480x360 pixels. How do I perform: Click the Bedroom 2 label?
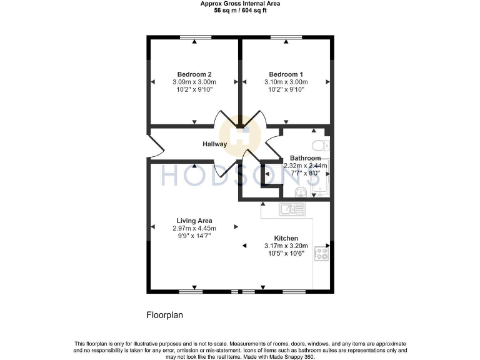[194, 74]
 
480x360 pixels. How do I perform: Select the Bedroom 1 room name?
[286, 74]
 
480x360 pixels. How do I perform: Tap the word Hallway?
[214, 144]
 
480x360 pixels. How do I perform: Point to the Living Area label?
[194, 221]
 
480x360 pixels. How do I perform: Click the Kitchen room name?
[286, 238]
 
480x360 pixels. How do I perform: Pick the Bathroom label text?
[305, 158]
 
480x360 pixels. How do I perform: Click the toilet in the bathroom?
[322, 146]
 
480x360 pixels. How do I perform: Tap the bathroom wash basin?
[302, 192]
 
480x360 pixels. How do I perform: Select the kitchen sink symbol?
[292, 209]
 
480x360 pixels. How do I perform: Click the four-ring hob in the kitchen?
[322, 253]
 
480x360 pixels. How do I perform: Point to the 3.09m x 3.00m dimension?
[194, 82]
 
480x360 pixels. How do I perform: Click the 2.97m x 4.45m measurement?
[194, 228]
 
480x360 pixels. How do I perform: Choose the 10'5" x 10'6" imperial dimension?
[286, 253]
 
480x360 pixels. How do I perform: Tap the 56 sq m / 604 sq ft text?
[240, 11]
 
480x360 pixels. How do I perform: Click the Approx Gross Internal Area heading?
[240, 4]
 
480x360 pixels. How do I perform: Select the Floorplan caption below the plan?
[164, 316]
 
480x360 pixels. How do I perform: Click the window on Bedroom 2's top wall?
[194, 38]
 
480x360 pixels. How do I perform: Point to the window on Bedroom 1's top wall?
[286, 38]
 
